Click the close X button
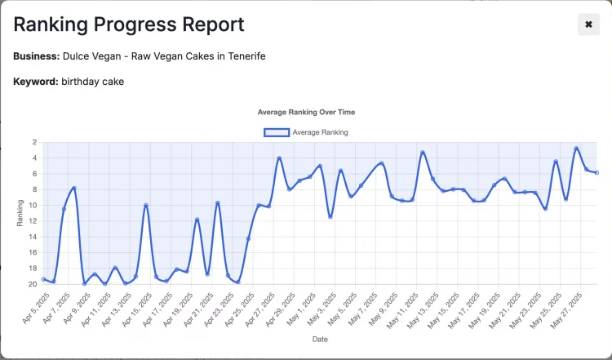point(588,25)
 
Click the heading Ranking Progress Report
point(128,24)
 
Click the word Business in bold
point(37,56)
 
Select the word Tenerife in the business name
point(244,56)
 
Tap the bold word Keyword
point(36,82)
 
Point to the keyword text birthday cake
point(93,82)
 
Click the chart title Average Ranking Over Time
point(306,112)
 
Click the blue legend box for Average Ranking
point(276,131)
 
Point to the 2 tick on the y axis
point(34,142)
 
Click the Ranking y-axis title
point(20,213)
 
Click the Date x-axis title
point(320,339)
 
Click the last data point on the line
point(596,172)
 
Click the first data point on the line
point(43,279)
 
